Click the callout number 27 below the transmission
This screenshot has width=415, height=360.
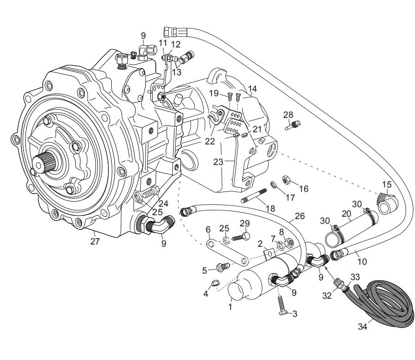coord(95,241)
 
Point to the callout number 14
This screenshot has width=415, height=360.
coord(252,88)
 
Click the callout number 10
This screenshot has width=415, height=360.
coord(362,261)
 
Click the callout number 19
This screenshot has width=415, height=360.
coord(213,93)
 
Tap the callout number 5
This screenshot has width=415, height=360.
coord(204,270)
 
